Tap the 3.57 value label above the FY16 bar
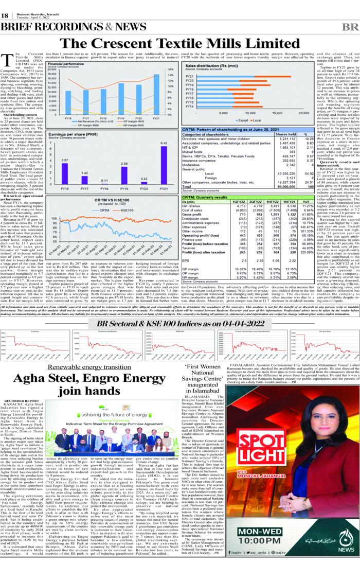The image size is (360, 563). point(65,161)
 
